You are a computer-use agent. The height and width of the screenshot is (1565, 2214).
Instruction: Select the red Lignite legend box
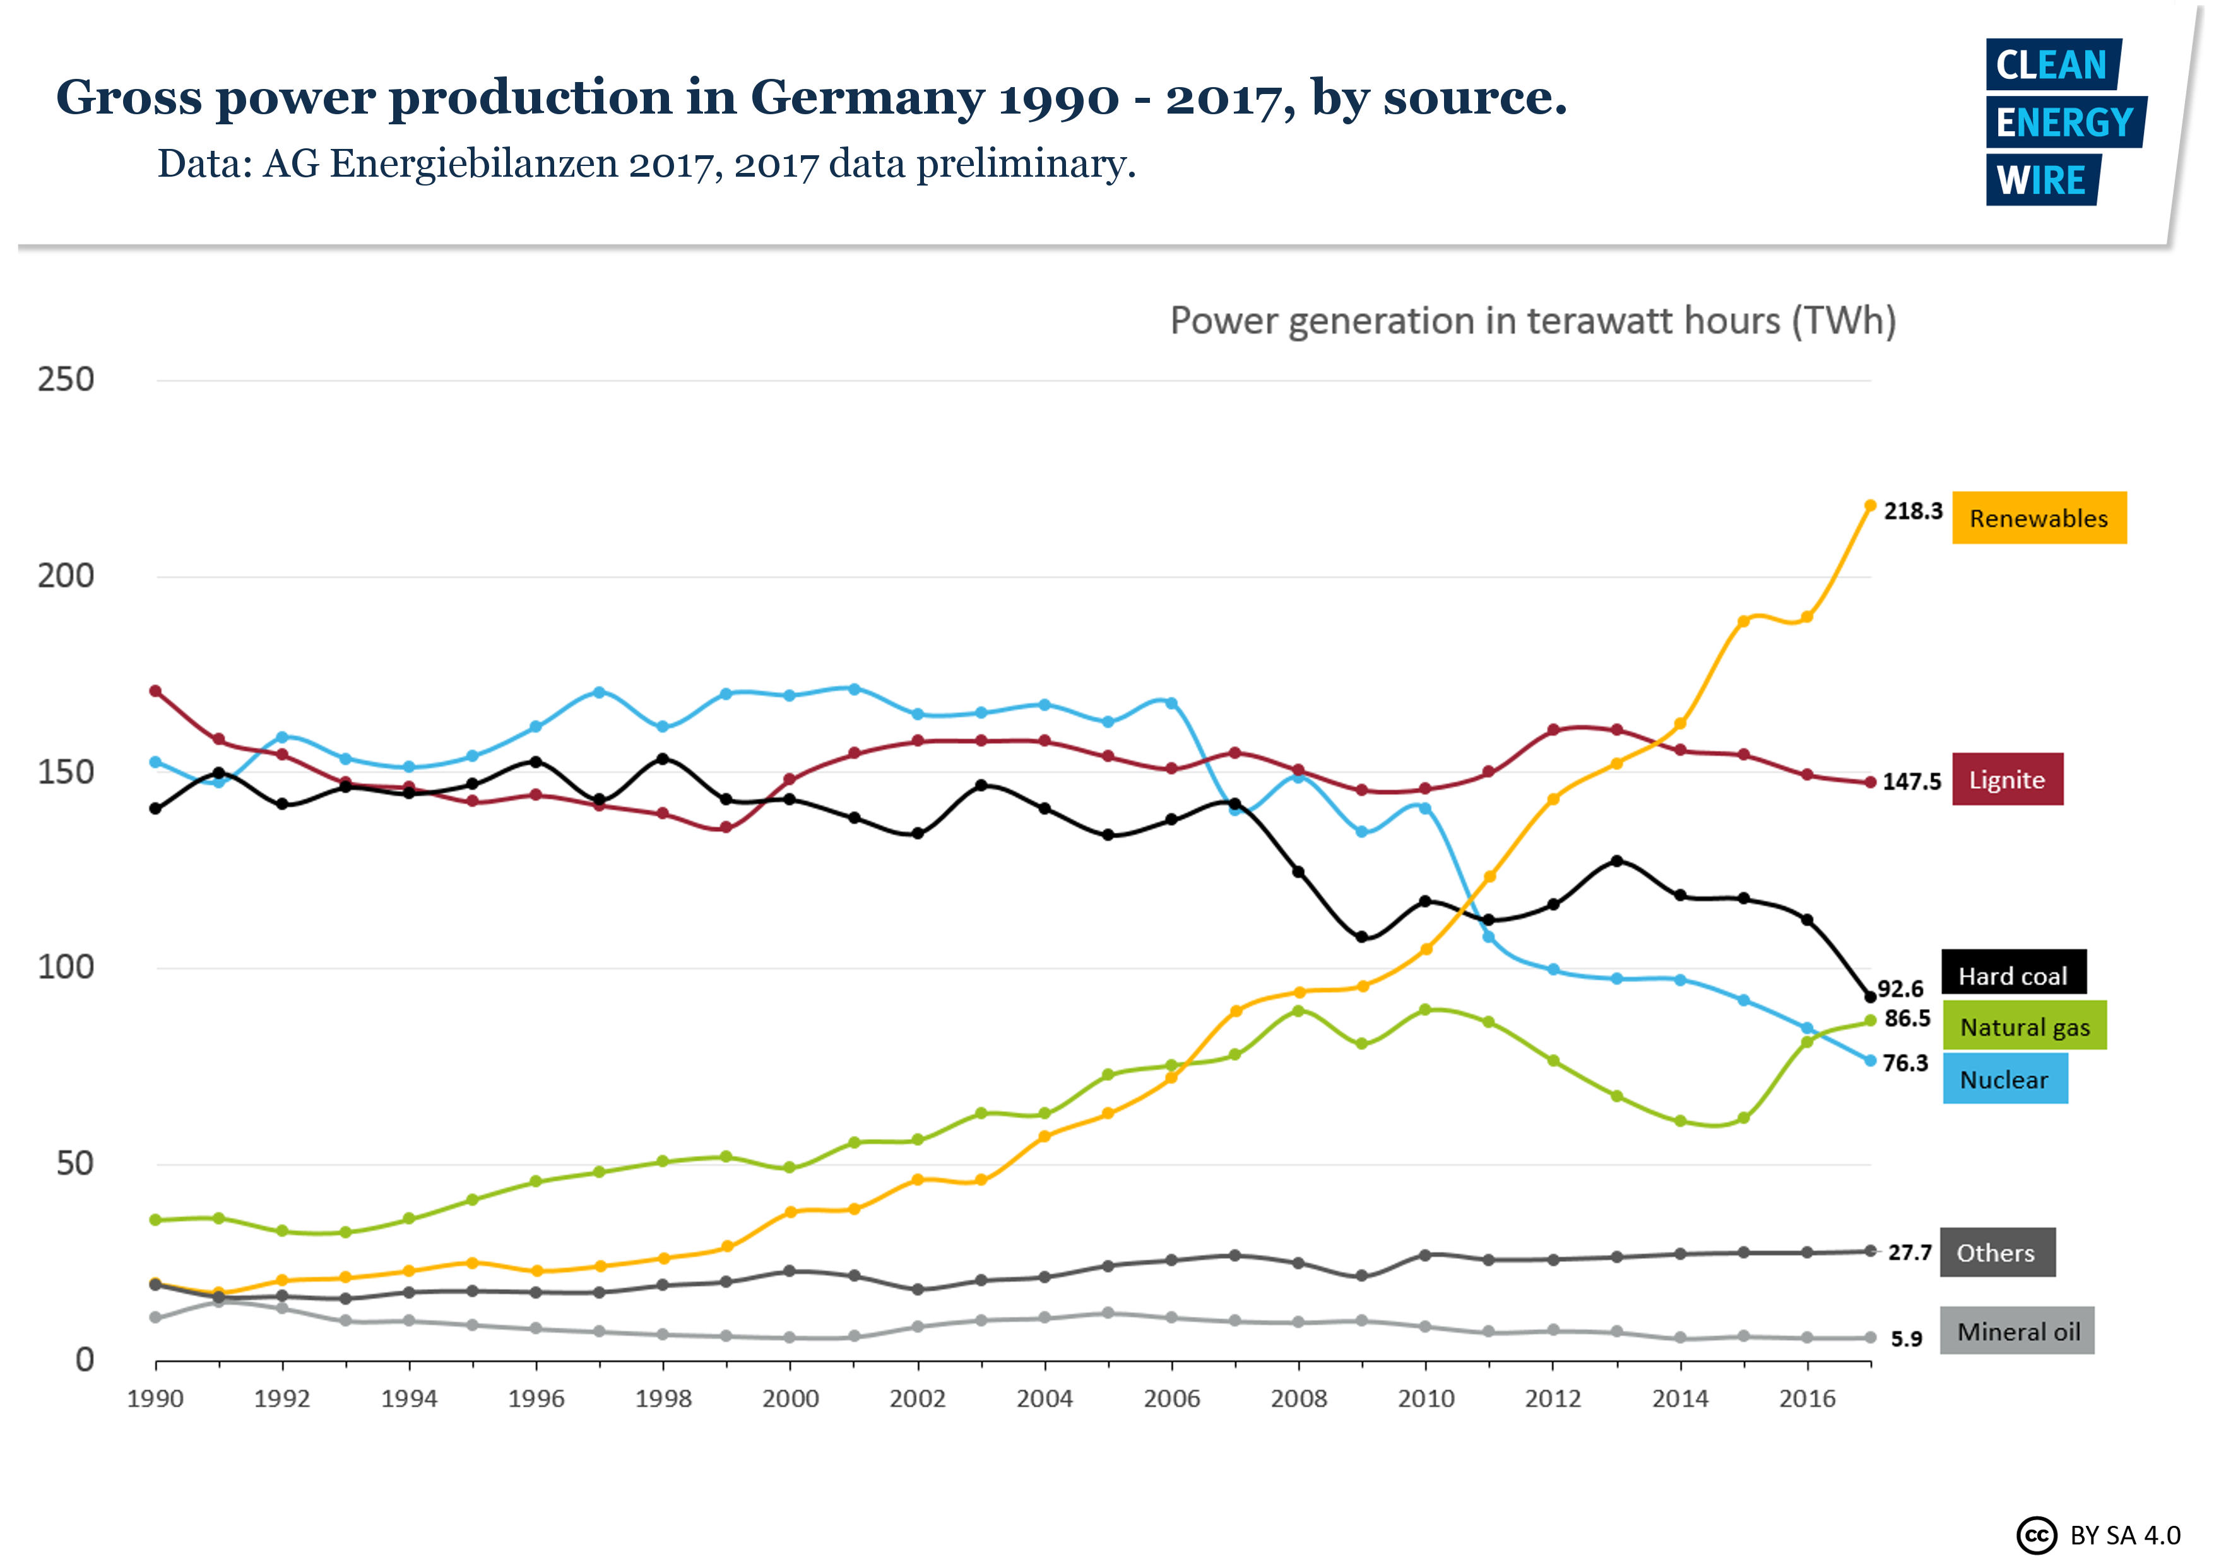[2007, 779]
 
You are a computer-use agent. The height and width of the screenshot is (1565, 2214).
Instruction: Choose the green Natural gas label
[2024, 1026]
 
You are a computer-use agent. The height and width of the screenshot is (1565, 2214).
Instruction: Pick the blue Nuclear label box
[2004, 1079]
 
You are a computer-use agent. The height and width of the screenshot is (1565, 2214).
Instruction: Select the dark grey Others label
[1996, 1253]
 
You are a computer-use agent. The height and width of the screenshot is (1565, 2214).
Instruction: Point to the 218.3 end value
[1912, 511]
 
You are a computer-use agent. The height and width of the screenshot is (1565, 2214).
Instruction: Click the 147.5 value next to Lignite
[1911, 782]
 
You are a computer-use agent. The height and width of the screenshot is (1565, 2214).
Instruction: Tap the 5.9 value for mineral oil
[1905, 1339]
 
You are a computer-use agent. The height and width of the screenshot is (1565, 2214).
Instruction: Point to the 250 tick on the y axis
[66, 380]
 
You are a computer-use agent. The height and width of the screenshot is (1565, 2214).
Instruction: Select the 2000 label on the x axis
[790, 1399]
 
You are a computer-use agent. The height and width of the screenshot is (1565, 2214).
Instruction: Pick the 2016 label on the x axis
[1806, 1399]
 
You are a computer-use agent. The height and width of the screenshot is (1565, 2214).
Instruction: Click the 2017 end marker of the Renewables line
[1870, 505]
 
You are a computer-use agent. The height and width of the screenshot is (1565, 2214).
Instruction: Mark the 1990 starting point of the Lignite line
[155, 692]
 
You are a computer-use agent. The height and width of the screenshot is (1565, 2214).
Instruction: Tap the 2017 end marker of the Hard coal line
[1870, 996]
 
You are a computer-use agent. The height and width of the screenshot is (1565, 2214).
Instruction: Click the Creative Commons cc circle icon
[2035, 1534]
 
